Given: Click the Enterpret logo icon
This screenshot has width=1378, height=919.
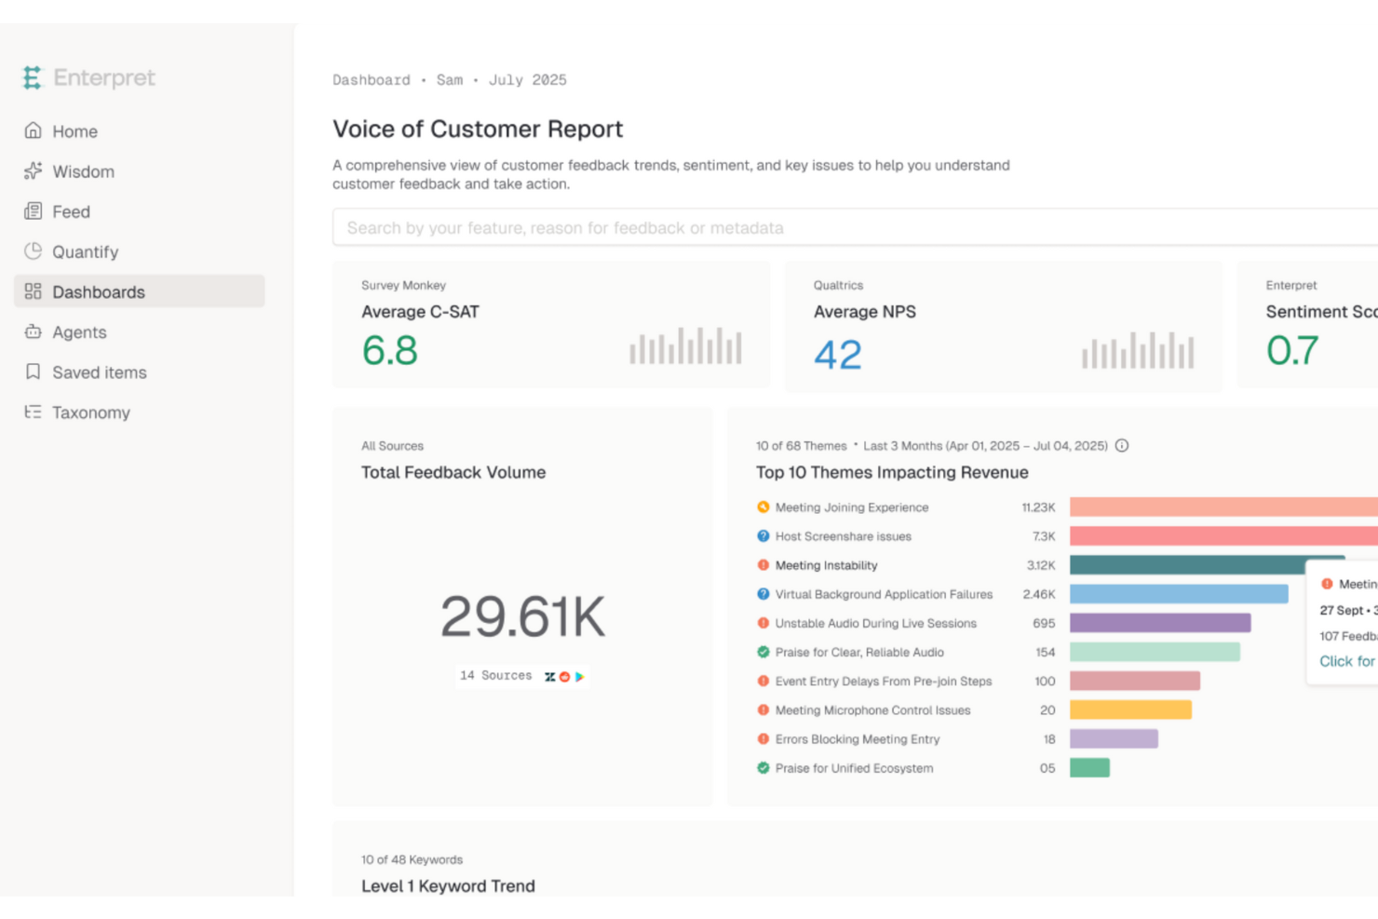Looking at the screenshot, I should coord(33,78).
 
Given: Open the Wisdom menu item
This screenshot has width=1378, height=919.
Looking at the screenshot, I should coord(83,171).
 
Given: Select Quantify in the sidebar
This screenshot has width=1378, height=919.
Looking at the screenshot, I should coord(85,251).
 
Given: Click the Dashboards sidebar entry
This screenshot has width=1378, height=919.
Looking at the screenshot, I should coord(98,292).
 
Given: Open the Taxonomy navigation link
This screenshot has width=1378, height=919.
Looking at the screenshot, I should coord(90,412).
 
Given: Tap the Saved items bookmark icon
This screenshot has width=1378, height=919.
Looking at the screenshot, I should coord(34,372).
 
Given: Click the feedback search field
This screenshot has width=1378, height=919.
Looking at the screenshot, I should coord(838,228).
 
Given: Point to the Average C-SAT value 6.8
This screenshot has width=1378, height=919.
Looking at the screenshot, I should coord(389,351).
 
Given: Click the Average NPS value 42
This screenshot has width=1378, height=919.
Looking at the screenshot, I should coord(838,355).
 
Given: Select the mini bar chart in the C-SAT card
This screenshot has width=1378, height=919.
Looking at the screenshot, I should coord(685,346).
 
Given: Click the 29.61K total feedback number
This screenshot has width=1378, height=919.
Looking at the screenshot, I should coord(522,616).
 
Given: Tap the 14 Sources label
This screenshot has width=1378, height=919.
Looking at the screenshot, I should coord(495,676).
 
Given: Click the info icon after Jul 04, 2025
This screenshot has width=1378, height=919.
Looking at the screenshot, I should coord(1122,446).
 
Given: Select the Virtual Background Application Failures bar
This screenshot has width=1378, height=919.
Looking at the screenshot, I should coord(1178,594).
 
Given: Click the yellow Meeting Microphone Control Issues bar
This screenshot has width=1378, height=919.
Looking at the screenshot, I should coord(1130,710).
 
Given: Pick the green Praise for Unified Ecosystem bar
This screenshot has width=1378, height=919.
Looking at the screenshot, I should coord(1089,768).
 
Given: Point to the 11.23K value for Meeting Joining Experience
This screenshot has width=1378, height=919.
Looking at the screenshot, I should coord(1038,507).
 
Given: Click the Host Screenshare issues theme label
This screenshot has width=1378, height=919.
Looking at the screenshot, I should coord(843,536).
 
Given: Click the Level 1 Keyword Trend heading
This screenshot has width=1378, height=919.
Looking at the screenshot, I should coord(448,886).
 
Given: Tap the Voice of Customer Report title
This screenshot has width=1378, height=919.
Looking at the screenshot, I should coord(478,129).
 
